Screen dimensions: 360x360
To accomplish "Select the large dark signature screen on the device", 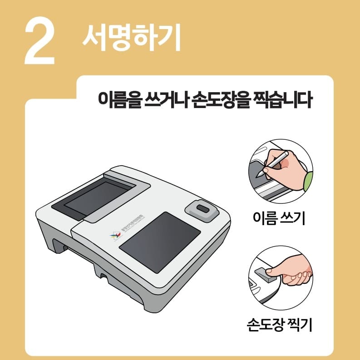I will (160, 241).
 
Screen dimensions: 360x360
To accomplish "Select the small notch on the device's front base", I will (104, 275).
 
